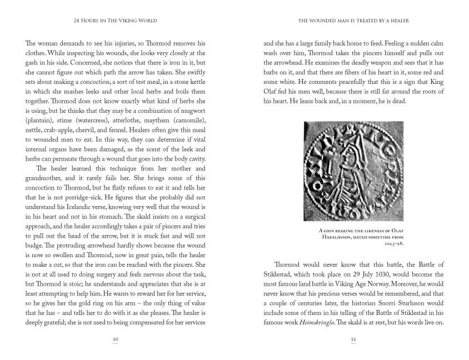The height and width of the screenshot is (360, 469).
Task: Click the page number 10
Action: [115, 339]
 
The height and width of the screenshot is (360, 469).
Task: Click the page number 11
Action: [353, 339]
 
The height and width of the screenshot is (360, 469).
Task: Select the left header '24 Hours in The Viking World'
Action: [115, 21]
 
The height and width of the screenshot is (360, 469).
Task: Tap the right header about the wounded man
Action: [353, 21]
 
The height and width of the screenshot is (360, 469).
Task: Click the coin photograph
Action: [353, 172]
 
